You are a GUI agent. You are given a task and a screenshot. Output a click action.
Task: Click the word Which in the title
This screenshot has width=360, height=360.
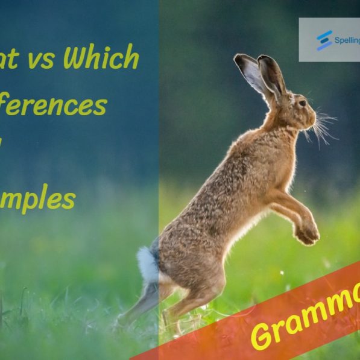click(x=101, y=58)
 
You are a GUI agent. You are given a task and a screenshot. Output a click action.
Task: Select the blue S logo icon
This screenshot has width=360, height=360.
click(x=324, y=40)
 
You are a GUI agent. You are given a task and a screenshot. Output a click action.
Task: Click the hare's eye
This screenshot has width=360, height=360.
click(x=301, y=104)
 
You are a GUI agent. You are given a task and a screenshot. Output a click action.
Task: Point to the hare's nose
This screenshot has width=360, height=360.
click(x=314, y=113)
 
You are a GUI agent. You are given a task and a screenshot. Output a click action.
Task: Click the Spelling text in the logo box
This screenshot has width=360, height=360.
click(x=347, y=40)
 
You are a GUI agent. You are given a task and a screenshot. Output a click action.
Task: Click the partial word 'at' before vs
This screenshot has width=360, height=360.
click(x=10, y=59)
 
